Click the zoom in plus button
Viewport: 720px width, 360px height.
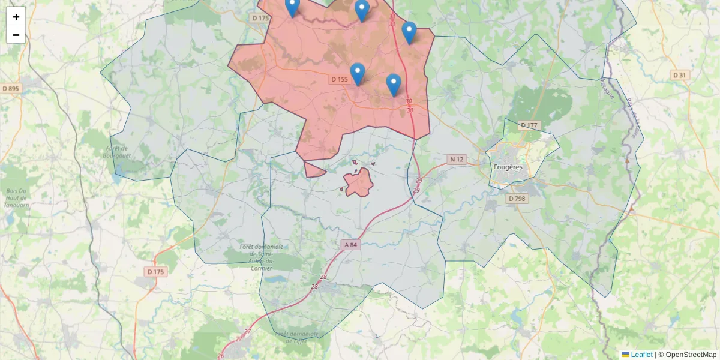point(16,17)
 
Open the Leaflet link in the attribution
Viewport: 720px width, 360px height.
point(641,355)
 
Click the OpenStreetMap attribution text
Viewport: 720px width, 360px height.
point(691,355)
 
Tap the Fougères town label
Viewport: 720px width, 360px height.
point(508,167)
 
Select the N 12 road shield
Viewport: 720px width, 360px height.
point(457,159)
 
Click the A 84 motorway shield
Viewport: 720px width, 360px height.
point(350,245)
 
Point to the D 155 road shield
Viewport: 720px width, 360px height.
point(339,79)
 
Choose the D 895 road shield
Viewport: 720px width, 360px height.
point(11,89)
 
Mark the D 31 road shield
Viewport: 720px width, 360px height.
point(679,75)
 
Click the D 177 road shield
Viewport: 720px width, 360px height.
point(529,125)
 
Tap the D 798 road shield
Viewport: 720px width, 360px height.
point(517,198)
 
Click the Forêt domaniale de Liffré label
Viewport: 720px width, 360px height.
point(296,337)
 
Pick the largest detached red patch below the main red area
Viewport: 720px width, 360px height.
point(359,182)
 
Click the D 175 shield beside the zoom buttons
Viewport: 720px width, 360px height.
point(260,18)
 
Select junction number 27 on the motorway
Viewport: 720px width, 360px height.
point(247,331)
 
